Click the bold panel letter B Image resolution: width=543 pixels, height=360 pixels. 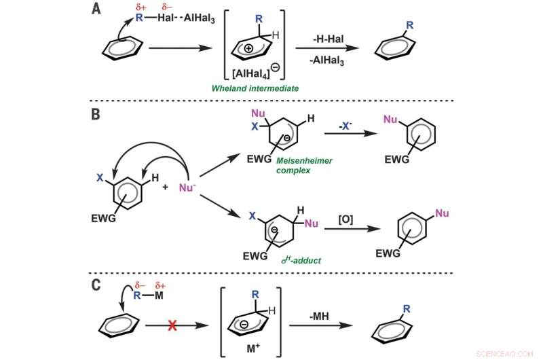96,115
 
